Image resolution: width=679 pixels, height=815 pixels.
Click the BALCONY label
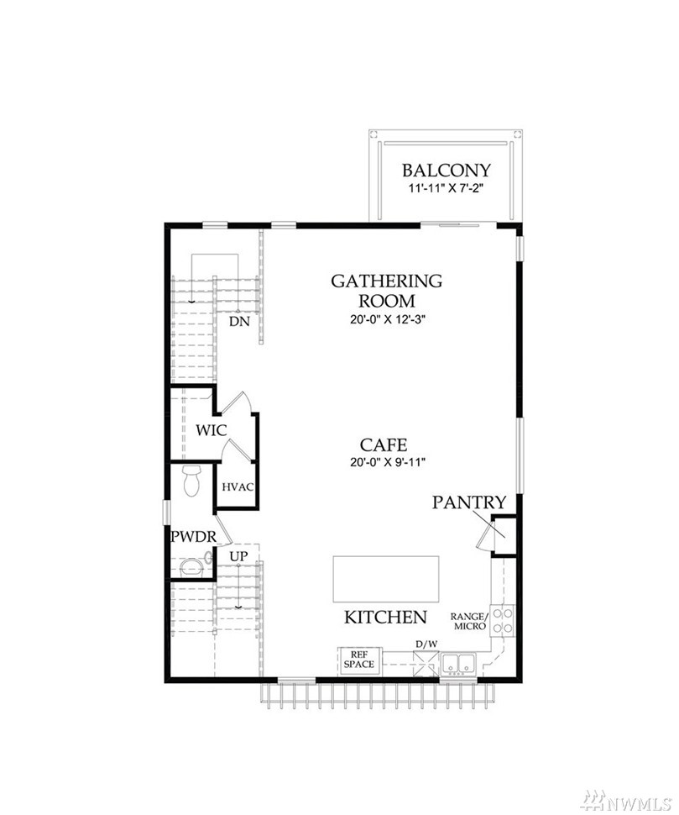tap(446, 171)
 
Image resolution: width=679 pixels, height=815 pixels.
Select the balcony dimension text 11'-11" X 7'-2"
tap(446, 188)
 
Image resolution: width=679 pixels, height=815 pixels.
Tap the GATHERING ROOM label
tap(387, 291)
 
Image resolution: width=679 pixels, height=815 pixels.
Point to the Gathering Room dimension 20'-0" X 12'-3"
tap(388, 319)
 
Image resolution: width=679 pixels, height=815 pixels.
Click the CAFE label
tap(384, 445)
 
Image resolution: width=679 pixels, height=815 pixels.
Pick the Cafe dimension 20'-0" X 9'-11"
tap(388, 462)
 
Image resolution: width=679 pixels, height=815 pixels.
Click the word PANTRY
tap(469, 502)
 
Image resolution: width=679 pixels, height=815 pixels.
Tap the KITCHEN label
tap(386, 617)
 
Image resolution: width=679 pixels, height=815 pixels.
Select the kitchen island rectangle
tap(386, 579)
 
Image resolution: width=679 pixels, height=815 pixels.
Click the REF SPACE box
tap(359, 660)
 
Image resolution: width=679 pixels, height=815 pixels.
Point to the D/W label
tap(426, 644)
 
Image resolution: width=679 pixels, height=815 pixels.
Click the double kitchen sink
tap(459, 664)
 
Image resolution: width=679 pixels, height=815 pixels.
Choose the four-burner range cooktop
tap(503, 621)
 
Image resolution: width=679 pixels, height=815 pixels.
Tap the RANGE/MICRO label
tap(469, 621)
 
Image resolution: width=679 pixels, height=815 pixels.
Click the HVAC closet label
tap(238, 487)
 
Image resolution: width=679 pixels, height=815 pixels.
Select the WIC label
tap(211, 430)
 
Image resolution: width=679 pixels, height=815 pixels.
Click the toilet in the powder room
tap(191, 481)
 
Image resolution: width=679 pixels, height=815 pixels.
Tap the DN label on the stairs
tap(239, 322)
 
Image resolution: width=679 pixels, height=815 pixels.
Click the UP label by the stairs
tap(239, 556)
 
